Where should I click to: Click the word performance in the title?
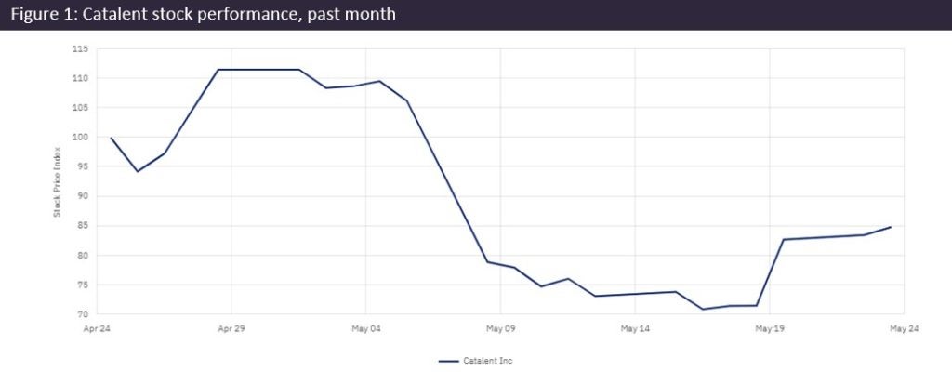click(230, 15)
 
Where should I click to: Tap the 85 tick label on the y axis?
click(81, 226)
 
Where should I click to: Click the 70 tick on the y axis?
click(81, 314)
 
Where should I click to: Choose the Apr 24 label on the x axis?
click(97, 328)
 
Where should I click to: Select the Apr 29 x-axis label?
click(231, 328)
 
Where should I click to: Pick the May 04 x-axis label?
click(365, 328)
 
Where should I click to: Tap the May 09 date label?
click(500, 328)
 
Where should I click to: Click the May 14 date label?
click(635, 328)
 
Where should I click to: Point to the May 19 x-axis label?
click(770, 328)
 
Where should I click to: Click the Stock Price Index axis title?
click(57, 181)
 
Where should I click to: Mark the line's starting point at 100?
click(111, 138)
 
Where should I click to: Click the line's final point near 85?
click(892, 227)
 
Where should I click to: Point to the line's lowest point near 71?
click(704, 309)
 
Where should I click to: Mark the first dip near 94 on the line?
click(138, 171)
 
